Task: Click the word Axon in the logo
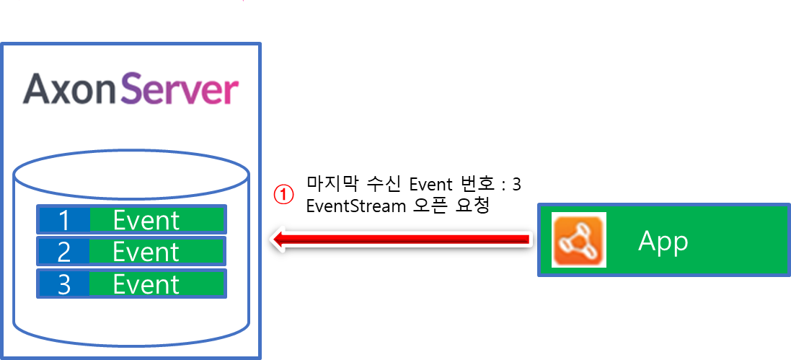(x=69, y=90)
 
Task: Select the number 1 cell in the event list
(x=63, y=219)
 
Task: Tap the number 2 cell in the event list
(x=63, y=251)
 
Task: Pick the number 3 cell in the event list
(x=63, y=284)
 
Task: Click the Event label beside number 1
(x=146, y=219)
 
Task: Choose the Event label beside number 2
(x=146, y=251)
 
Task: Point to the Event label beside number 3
(x=146, y=284)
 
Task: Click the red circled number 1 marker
(x=284, y=194)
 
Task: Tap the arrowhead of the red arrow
(x=278, y=240)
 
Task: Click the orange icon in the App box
(x=579, y=240)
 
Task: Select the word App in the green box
(x=663, y=242)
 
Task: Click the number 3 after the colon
(x=516, y=184)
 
